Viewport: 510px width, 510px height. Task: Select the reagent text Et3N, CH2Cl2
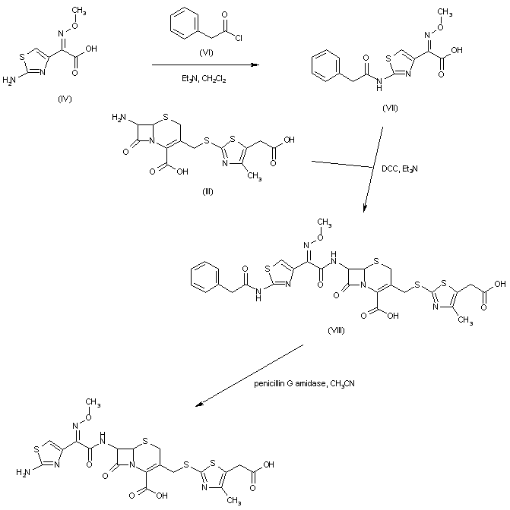(x=202, y=78)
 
